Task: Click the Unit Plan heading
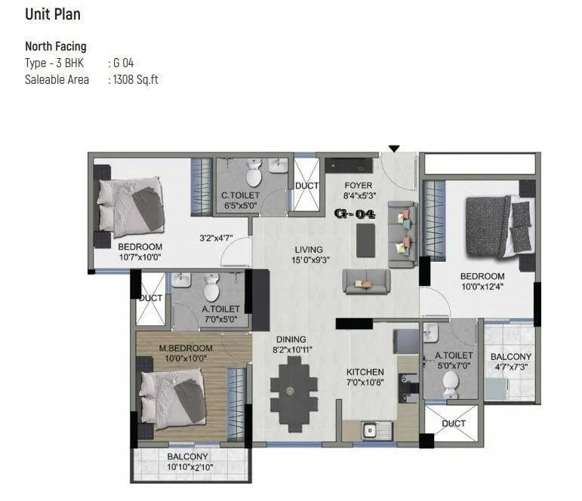click(53, 14)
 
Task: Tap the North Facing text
click(56, 47)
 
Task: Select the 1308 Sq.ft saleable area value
click(136, 79)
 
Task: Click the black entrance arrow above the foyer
click(393, 149)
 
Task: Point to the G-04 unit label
click(354, 214)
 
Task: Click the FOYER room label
click(358, 186)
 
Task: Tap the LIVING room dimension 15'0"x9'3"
click(309, 261)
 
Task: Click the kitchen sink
click(370, 431)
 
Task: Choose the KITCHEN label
click(365, 372)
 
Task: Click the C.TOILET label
click(240, 195)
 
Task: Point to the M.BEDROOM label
click(186, 348)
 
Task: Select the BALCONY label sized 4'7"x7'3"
click(511, 357)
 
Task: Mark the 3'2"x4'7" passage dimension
click(214, 238)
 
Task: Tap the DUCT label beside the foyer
click(306, 186)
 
